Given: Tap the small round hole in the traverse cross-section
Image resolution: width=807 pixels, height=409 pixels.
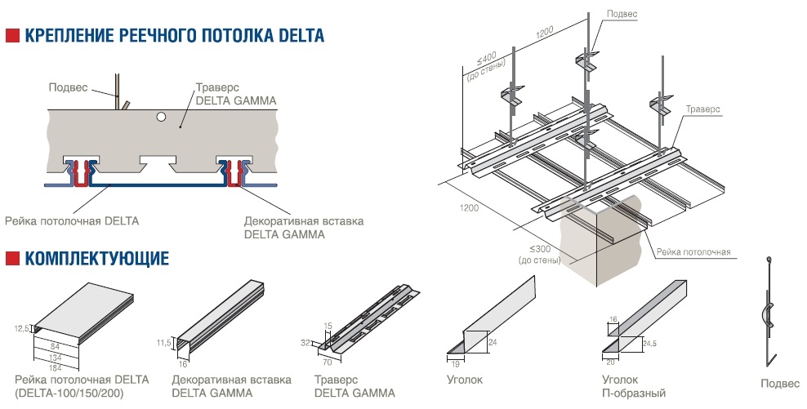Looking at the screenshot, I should point(162,118).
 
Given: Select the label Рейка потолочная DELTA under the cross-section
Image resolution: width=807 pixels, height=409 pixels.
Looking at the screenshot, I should point(72,220).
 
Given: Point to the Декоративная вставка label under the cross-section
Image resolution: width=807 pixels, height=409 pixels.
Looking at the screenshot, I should point(304,220).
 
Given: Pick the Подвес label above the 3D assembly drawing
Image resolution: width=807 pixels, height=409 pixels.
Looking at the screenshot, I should point(622,14).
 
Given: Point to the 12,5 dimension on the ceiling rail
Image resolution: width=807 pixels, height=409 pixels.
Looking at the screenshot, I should point(23,328).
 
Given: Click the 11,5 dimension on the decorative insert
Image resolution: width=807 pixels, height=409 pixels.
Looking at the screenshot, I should point(164,343).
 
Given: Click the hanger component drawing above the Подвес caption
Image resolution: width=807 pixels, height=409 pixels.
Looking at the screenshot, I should point(769,310).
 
